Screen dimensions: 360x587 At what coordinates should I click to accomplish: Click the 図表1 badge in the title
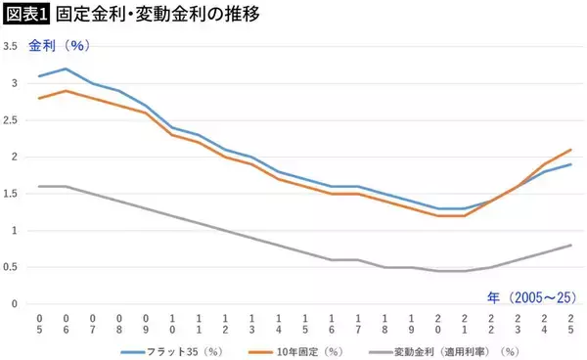(x=24, y=16)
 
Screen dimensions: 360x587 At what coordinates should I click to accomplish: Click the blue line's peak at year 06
(x=66, y=68)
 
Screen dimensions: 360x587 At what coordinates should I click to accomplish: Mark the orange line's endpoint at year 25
(x=570, y=150)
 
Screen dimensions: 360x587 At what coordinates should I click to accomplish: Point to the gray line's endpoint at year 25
(x=570, y=246)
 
